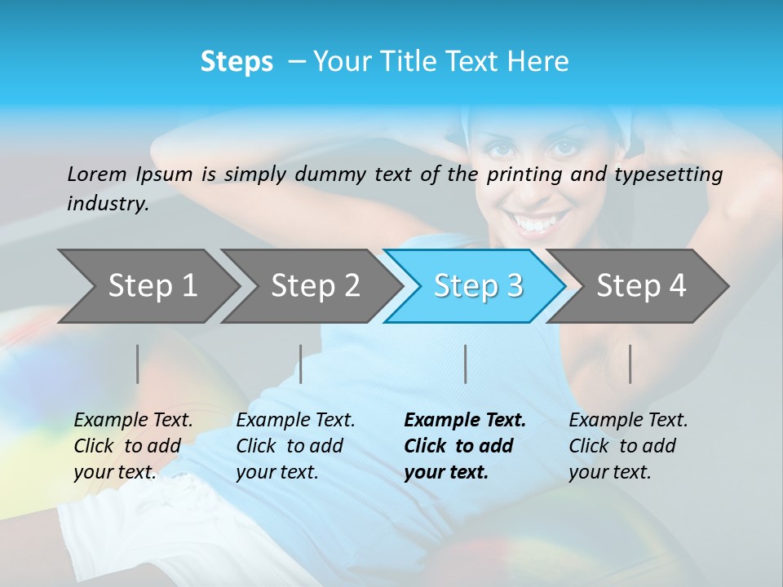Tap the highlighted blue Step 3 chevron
[x=478, y=286]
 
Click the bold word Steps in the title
[x=237, y=62]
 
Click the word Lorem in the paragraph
[x=96, y=174]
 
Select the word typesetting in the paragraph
[x=670, y=174]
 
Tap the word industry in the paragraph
[x=108, y=204]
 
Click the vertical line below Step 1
[x=138, y=364]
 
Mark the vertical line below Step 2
[x=301, y=364]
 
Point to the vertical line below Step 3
[x=465, y=364]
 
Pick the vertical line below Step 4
[x=630, y=364]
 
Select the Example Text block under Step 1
[x=133, y=446]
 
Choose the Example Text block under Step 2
[x=295, y=446]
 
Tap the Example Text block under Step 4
[x=628, y=446]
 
